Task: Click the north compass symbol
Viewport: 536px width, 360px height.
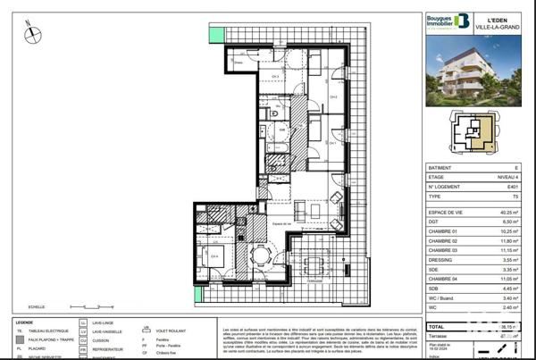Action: coord(32,34)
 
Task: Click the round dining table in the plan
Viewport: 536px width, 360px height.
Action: coord(261,255)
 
